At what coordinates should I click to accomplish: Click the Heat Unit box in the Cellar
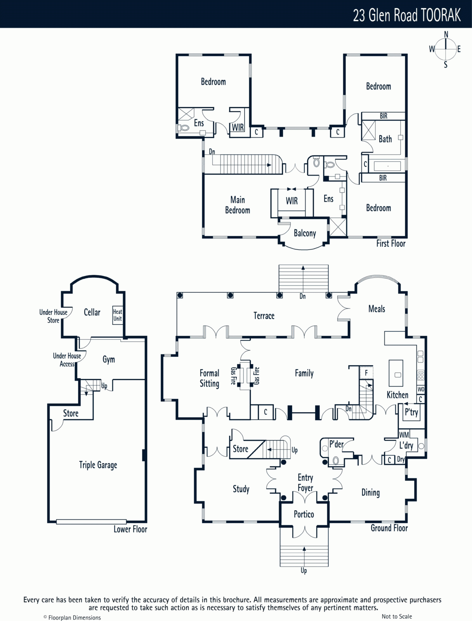(118, 315)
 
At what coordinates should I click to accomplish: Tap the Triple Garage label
(98, 465)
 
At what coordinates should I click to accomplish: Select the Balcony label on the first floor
(305, 233)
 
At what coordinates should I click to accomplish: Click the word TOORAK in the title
(441, 15)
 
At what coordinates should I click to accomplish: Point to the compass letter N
(446, 35)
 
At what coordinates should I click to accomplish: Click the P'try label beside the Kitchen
(411, 412)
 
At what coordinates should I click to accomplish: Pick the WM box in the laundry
(404, 434)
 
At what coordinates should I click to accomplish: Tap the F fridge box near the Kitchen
(366, 373)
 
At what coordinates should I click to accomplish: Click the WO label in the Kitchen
(421, 389)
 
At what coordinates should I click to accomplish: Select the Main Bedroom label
(238, 205)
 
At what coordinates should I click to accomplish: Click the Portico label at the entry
(304, 514)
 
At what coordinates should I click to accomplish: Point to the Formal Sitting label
(209, 378)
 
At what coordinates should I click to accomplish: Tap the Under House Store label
(53, 316)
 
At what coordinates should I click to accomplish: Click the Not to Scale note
(397, 616)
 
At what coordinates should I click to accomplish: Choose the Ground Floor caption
(389, 528)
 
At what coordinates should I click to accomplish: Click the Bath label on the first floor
(385, 139)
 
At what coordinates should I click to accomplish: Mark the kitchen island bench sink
(397, 375)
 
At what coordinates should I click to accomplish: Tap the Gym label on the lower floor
(109, 359)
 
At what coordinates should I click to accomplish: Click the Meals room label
(377, 309)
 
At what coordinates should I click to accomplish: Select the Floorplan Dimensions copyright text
(72, 618)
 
